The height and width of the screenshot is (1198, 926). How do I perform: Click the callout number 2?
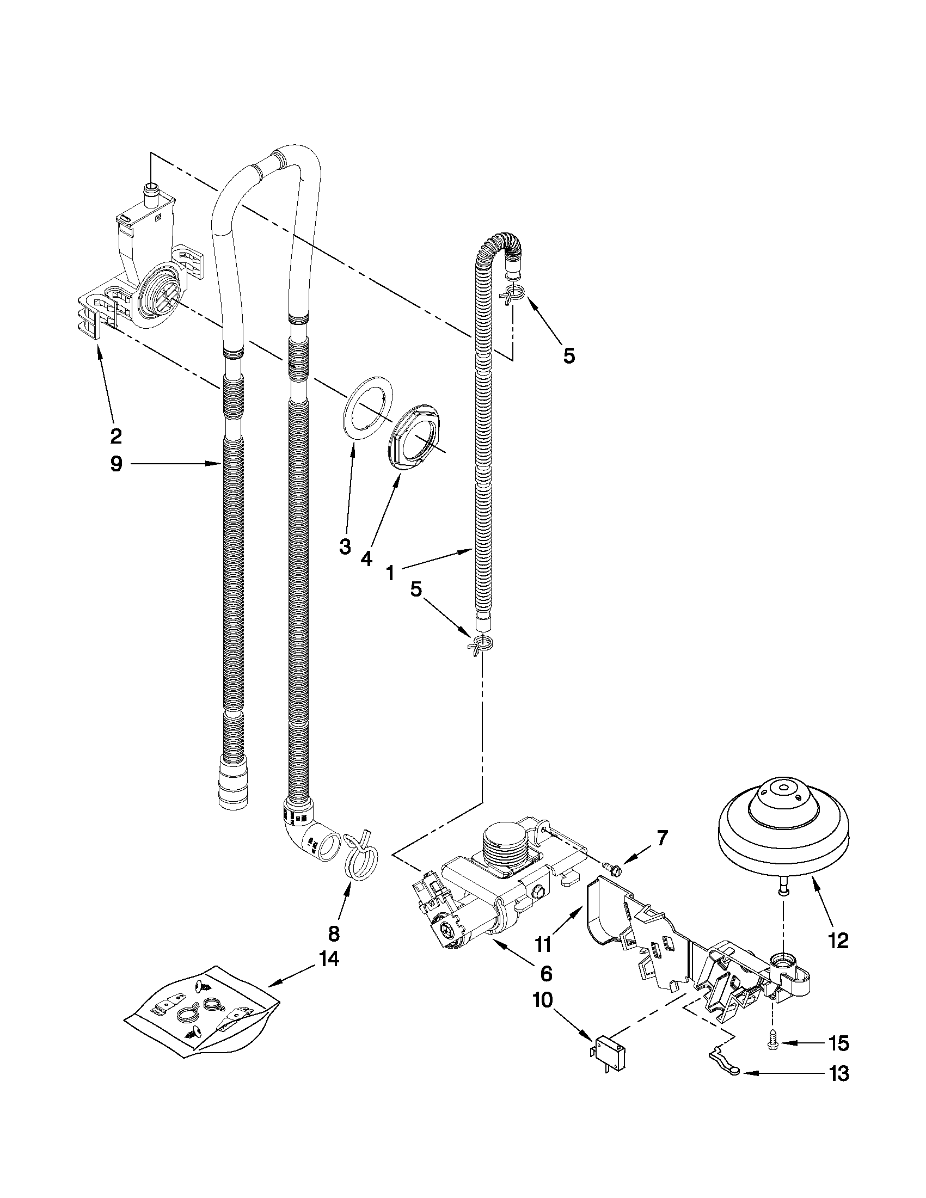[x=115, y=436]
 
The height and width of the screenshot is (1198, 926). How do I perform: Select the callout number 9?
[x=116, y=464]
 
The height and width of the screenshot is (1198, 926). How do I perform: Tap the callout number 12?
[x=839, y=940]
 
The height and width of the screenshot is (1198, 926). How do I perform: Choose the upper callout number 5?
[x=569, y=356]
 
